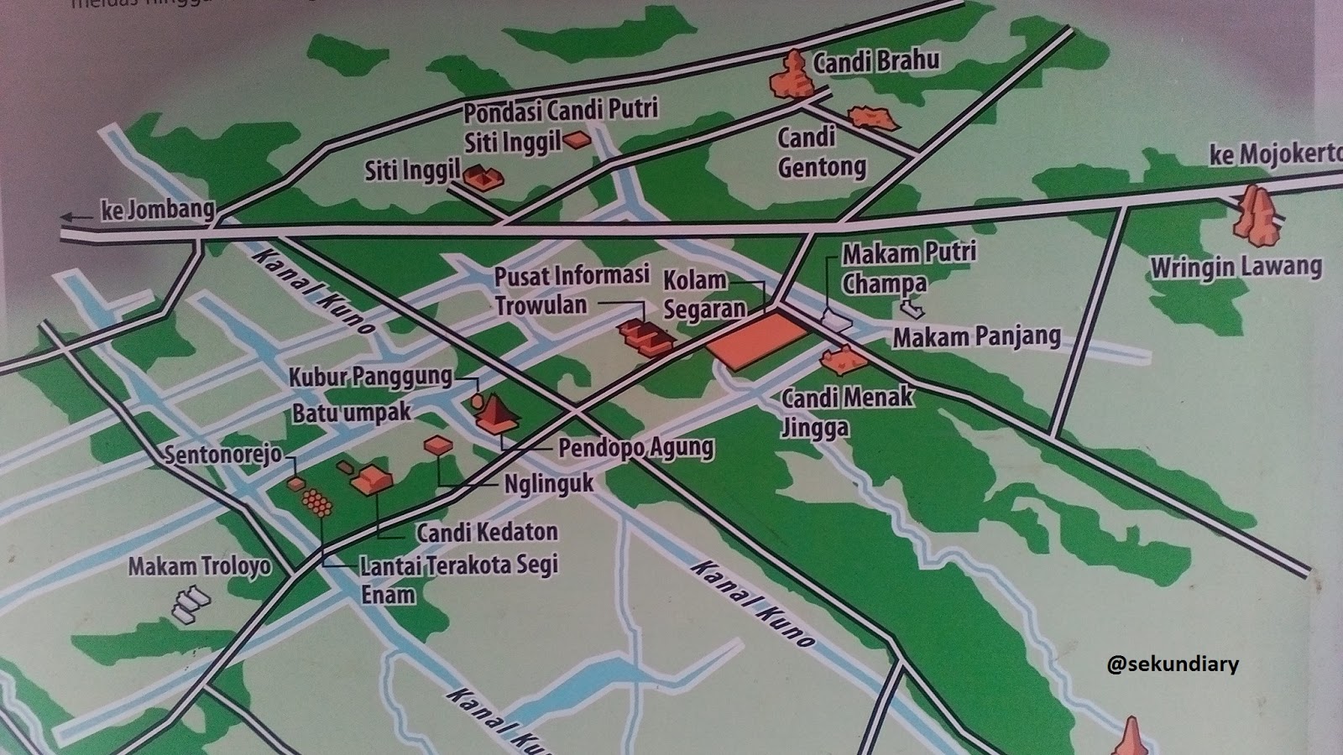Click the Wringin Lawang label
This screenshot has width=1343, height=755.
pyautogui.click(x=1236, y=268)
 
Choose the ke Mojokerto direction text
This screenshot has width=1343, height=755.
pyautogui.click(x=1275, y=156)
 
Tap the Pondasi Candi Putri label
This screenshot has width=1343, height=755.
pyautogui.click(x=561, y=110)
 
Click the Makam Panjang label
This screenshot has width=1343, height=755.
pyautogui.click(x=976, y=337)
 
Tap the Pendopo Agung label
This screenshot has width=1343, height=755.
pyautogui.click(x=635, y=448)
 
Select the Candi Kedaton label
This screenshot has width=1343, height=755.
pyautogui.click(x=487, y=532)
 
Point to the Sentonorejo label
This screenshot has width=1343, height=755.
pyautogui.click(x=222, y=456)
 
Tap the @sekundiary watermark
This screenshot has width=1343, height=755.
pyautogui.click(x=1172, y=664)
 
